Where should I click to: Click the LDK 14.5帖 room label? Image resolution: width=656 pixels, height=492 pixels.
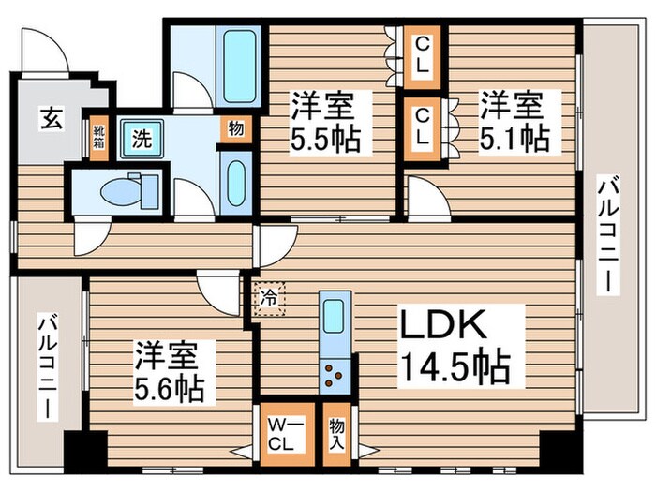[x=455, y=345]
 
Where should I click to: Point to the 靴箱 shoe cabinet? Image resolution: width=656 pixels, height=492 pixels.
[x=98, y=139]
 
